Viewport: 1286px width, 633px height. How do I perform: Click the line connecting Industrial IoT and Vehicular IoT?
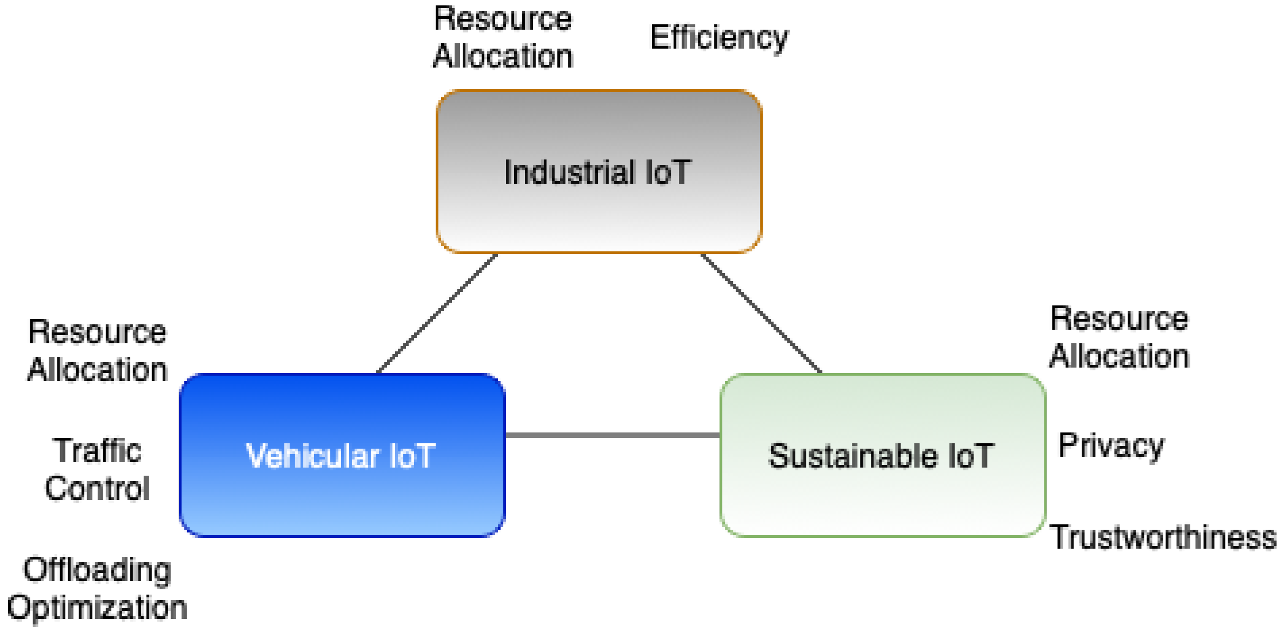point(437,314)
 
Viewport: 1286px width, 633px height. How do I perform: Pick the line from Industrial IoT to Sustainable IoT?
point(761,314)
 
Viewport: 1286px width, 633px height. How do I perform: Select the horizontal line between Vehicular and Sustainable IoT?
point(612,435)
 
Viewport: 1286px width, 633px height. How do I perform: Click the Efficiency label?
point(719,38)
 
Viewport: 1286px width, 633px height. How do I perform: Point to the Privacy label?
point(1111,447)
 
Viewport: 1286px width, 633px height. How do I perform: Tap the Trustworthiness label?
point(1162,537)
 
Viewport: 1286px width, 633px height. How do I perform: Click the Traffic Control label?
point(97,469)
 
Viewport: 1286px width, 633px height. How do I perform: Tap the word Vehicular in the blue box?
point(312,456)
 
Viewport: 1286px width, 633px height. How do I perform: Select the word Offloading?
point(97,570)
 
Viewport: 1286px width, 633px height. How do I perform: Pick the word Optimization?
point(97,608)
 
